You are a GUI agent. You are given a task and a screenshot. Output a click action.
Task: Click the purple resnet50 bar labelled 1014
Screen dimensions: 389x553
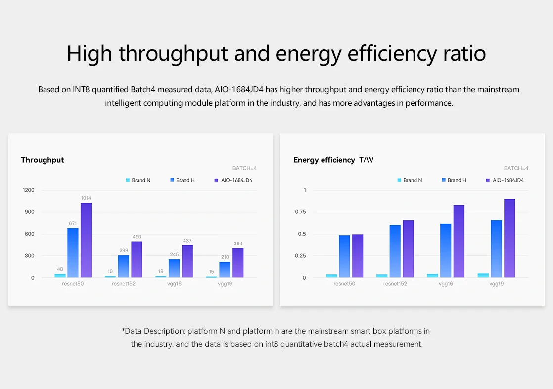[86, 240]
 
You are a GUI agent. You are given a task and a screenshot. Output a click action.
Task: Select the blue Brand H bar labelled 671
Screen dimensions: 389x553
[73, 252]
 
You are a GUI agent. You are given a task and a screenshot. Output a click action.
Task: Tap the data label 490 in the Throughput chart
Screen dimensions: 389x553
[137, 237]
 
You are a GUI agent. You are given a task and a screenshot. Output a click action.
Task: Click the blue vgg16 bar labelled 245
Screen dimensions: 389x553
[174, 268]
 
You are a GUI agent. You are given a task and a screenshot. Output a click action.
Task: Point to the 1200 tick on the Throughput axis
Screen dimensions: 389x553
[28, 190]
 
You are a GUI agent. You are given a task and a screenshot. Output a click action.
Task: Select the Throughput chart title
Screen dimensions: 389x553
[43, 160]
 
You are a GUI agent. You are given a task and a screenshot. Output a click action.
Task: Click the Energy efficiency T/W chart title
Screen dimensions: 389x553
[334, 160]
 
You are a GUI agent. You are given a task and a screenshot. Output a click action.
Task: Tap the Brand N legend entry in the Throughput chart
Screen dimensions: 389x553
[138, 180]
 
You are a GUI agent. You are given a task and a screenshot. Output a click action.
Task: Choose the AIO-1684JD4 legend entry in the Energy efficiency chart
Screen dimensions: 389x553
[506, 180]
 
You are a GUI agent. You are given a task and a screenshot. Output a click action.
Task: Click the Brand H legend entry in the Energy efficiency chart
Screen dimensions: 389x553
[454, 180]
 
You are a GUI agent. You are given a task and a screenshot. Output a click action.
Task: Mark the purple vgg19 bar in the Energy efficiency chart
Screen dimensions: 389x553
[509, 238]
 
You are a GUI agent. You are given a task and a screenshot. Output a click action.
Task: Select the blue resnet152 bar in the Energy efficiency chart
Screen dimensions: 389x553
[395, 251]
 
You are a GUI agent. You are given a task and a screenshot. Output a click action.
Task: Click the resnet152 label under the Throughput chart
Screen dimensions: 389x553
[124, 284]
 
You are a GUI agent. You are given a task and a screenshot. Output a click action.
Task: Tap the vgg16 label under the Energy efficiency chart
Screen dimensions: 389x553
[446, 284]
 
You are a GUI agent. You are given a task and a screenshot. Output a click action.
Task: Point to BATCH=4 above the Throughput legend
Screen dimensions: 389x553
[244, 168]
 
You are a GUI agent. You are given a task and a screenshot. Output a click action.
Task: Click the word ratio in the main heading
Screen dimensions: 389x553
[464, 53]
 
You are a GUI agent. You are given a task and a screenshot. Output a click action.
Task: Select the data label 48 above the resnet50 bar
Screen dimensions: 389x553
[60, 269]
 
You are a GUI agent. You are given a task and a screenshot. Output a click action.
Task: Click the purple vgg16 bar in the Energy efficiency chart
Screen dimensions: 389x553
[459, 241]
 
